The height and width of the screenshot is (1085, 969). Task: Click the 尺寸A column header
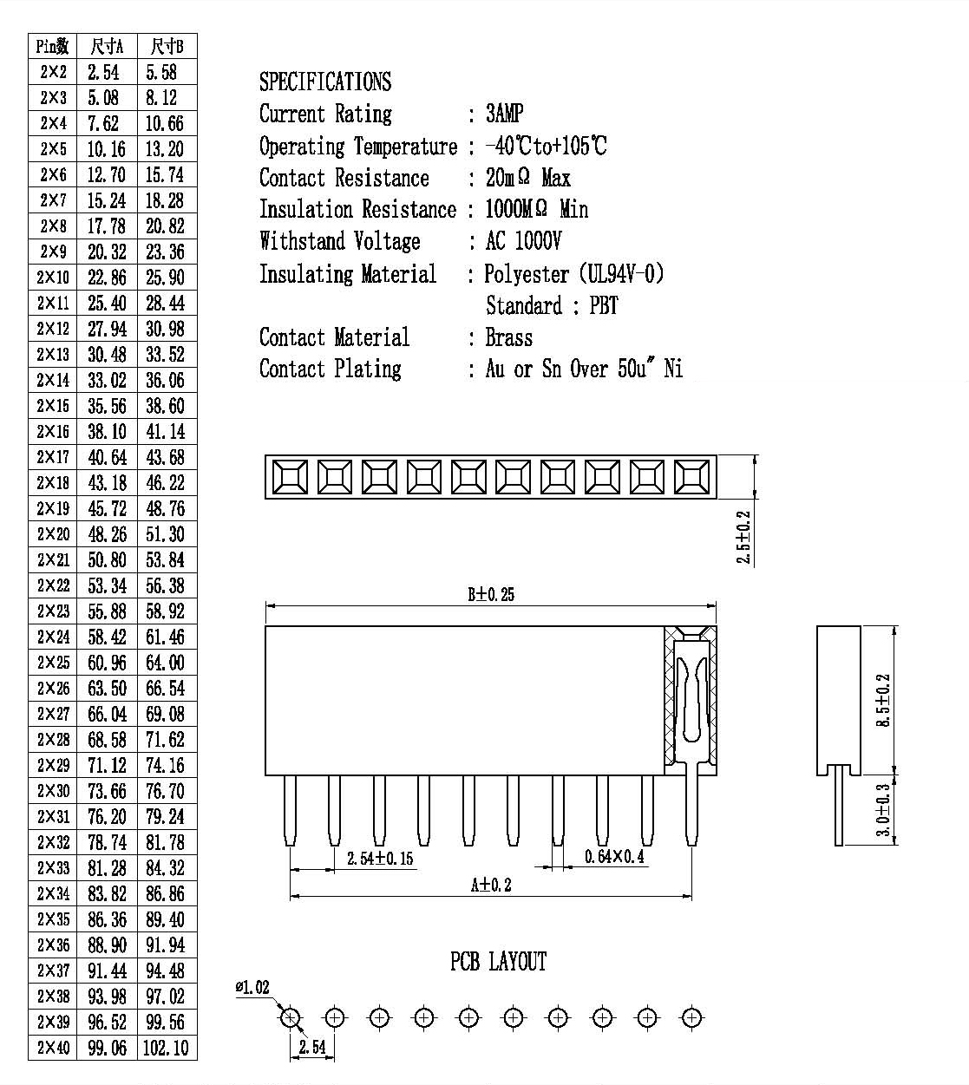point(107,47)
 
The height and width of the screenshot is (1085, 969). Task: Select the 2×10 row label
point(53,278)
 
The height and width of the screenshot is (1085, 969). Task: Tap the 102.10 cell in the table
point(166,1048)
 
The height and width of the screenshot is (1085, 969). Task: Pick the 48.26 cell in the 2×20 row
point(107,534)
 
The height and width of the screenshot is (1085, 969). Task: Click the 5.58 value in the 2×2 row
point(161,72)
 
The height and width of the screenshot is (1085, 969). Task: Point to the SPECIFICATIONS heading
point(325,82)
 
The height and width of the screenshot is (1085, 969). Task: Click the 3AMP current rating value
point(505,114)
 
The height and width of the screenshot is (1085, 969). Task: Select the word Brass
point(509,337)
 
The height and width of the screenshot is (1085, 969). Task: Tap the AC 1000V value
point(523,241)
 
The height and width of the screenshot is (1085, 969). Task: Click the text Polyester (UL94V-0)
point(574,274)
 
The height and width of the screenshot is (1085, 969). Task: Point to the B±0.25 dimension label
point(491,594)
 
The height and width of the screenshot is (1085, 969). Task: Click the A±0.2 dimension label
point(491,885)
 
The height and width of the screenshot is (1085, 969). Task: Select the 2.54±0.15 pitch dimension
point(380,859)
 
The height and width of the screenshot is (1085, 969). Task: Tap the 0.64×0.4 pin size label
point(614,857)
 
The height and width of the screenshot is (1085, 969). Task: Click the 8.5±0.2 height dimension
point(883,700)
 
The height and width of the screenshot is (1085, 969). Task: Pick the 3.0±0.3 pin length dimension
point(883,810)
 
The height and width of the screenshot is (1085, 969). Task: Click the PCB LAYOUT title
point(498,962)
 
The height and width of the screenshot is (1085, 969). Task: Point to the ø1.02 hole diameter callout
point(252,987)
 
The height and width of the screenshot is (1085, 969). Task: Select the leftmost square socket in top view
point(290,477)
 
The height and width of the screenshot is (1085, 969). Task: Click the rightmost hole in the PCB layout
point(691,1017)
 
